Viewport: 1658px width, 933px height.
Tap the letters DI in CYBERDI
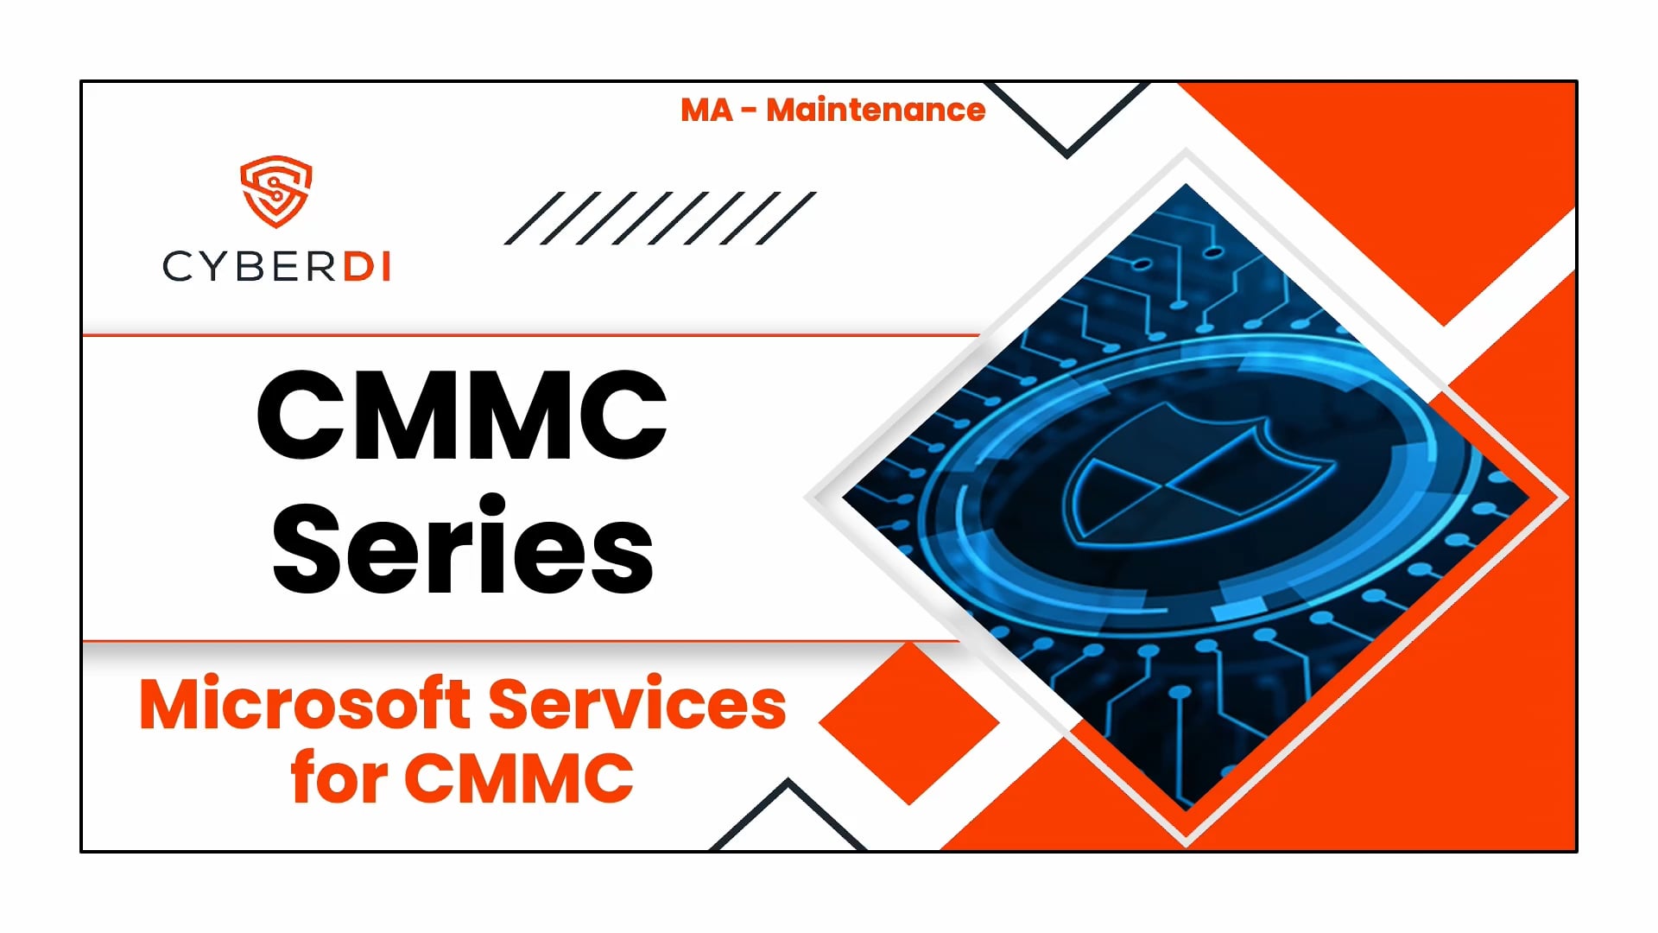point(368,267)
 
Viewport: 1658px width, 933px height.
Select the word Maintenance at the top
point(876,110)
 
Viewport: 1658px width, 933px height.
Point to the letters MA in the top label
point(706,110)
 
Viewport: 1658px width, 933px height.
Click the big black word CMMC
point(462,416)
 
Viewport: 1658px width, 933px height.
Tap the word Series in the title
point(463,546)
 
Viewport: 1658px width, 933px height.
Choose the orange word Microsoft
point(305,704)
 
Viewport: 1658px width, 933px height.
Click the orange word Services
point(637,704)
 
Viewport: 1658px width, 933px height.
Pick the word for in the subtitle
point(339,777)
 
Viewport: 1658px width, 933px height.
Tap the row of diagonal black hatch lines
point(660,218)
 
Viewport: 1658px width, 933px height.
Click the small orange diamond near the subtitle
point(909,723)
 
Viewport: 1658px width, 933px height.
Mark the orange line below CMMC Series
point(518,642)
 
